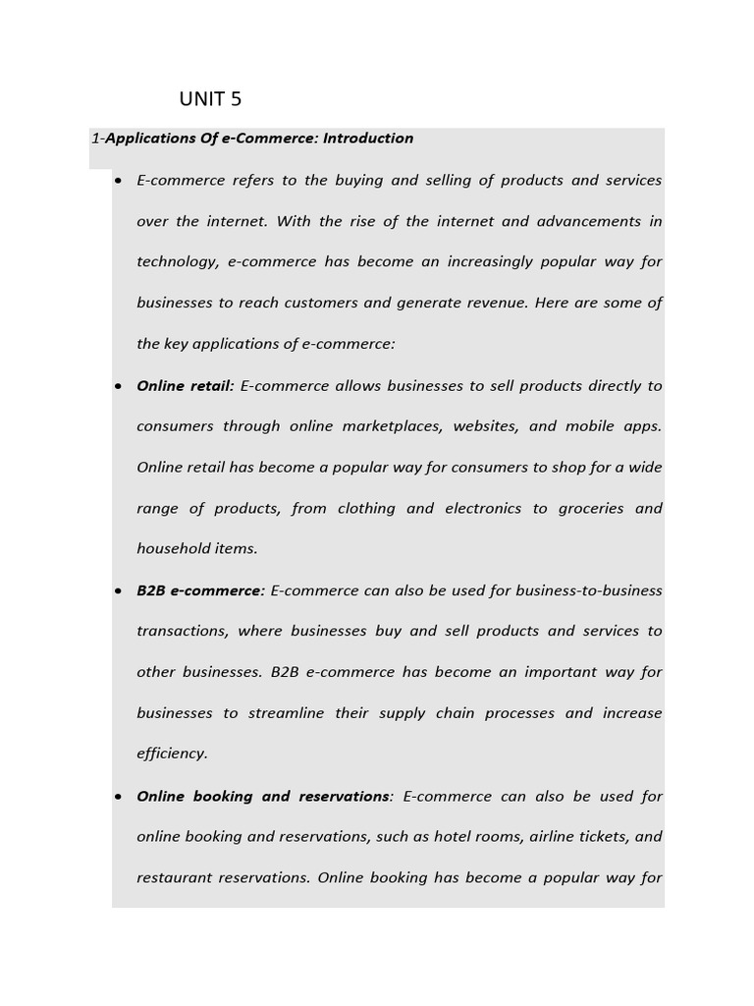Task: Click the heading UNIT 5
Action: click(210, 99)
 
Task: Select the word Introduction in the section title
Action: click(368, 139)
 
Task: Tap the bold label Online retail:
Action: click(186, 386)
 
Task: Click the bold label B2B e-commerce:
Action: click(200, 590)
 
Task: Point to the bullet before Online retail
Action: click(118, 386)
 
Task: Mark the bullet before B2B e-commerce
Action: click(118, 591)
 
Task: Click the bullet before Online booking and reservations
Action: click(118, 797)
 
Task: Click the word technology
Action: click(177, 262)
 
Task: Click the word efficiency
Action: click(172, 754)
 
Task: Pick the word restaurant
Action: click(175, 877)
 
